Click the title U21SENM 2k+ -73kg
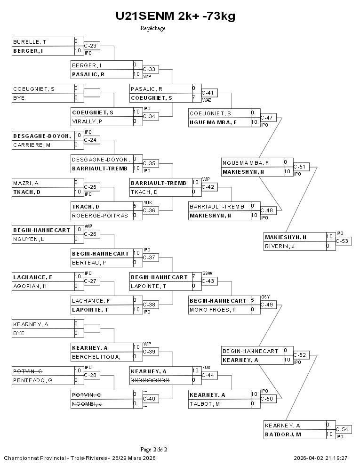pos(176,16)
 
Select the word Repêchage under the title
pos(153,28)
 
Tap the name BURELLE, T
pos(29,41)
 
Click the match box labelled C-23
pos(93,46)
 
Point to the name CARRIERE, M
pos(32,145)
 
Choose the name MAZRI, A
pos(26,183)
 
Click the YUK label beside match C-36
pos(147,202)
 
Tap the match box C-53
pos(344,241)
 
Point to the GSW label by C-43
pos(207,273)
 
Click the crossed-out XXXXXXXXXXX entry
pos(150,380)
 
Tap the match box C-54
pos(344,429)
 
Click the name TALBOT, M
pos(206,404)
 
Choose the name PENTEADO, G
pos(32,380)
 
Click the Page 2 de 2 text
pos(153,449)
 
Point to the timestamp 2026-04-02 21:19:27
pos(320,458)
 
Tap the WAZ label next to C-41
pos(206,100)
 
